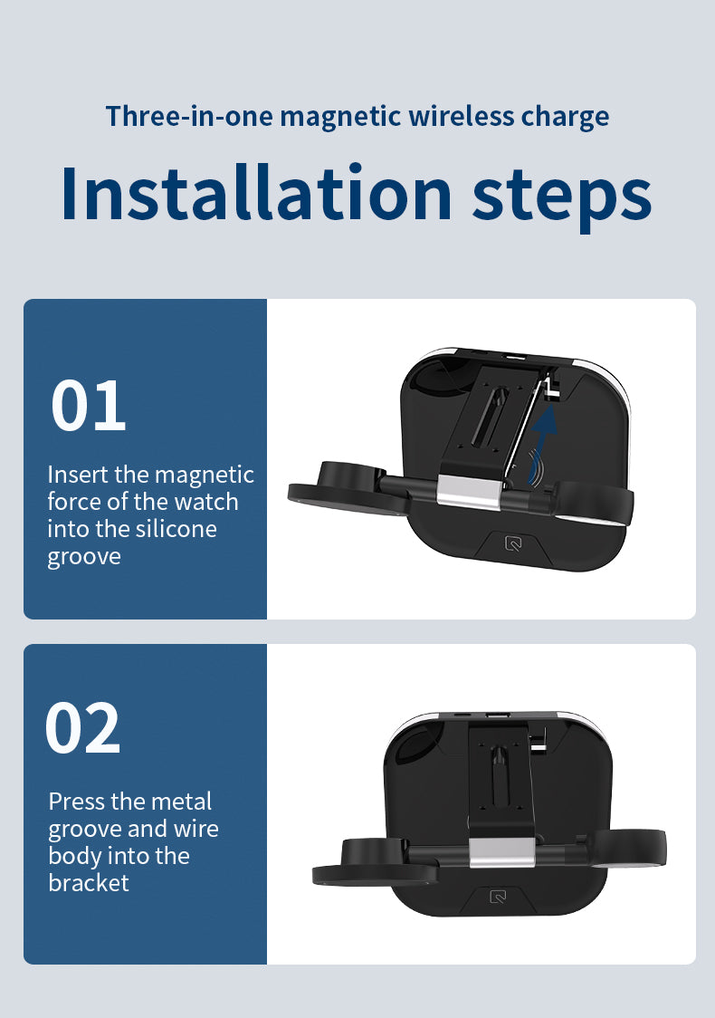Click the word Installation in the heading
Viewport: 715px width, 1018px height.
(256, 193)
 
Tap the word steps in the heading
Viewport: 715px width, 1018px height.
(562, 197)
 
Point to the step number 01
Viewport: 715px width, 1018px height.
(88, 406)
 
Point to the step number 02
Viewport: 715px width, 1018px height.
(82, 728)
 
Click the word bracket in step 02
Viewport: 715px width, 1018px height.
(88, 883)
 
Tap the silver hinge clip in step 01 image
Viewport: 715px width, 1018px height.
(469, 490)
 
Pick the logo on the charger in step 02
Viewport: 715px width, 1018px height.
(498, 898)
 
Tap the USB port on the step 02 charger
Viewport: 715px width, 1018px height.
(496, 715)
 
